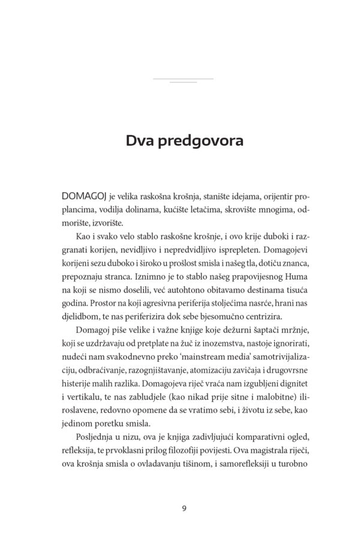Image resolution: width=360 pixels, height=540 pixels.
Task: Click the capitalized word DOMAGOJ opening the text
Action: (x=85, y=197)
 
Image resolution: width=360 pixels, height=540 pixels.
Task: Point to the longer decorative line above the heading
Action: (x=183, y=79)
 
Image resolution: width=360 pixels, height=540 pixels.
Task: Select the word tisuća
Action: (x=295, y=287)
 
